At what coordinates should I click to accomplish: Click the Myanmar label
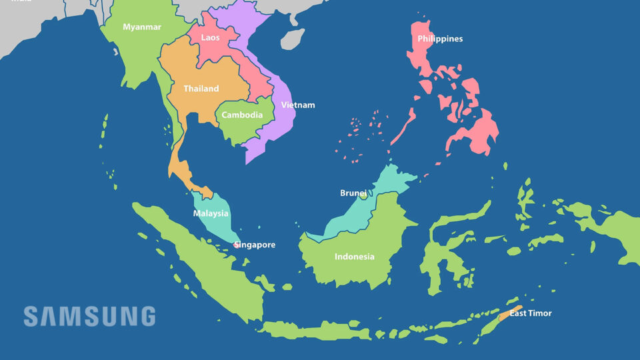point(142,27)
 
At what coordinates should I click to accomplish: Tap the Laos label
point(210,38)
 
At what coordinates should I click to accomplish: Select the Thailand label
point(201,89)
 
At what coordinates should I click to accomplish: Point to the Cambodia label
point(242,115)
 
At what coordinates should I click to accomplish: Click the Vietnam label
point(298,105)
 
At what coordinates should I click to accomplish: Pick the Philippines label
point(440,39)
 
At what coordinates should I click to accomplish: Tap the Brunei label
point(353,193)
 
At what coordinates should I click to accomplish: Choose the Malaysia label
point(211,214)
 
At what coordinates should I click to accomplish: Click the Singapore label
point(255,245)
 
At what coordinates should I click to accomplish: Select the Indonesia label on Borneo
point(355,257)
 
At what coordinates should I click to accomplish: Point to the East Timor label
point(531,313)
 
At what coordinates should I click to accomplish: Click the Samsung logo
point(89,316)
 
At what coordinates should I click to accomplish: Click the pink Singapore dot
point(236,245)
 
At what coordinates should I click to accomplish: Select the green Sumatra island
point(200,260)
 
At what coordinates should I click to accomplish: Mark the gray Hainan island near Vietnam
point(293,38)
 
